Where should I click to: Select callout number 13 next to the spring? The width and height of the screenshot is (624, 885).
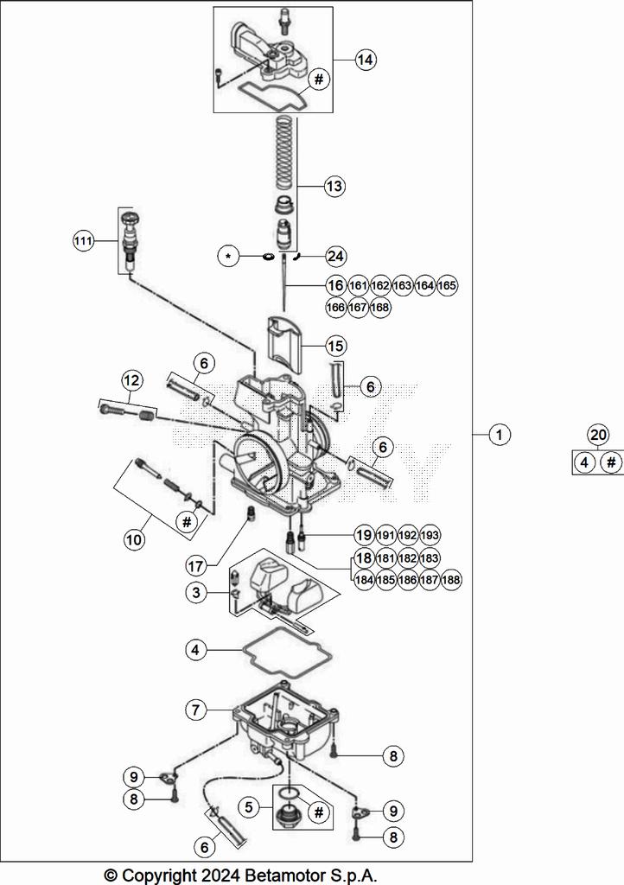tap(334, 186)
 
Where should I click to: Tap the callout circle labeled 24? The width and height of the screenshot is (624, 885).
tap(334, 256)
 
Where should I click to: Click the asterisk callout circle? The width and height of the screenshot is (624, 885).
tap(228, 257)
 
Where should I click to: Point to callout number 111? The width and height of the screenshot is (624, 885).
tap(82, 242)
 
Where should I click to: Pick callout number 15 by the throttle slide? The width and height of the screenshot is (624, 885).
tap(334, 345)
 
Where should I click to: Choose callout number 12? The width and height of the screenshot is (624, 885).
tap(131, 379)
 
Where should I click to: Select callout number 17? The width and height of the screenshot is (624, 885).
tap(196, 566)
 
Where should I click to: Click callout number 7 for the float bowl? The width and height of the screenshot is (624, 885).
tap(196, 710)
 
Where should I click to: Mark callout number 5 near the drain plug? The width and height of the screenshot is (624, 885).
tap(249, 808)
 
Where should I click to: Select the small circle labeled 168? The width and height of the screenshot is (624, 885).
tap(379, 307)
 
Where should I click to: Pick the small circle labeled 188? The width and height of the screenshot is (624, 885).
tap(450, 580)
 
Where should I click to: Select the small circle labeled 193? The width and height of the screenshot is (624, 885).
tap(430, 535)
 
